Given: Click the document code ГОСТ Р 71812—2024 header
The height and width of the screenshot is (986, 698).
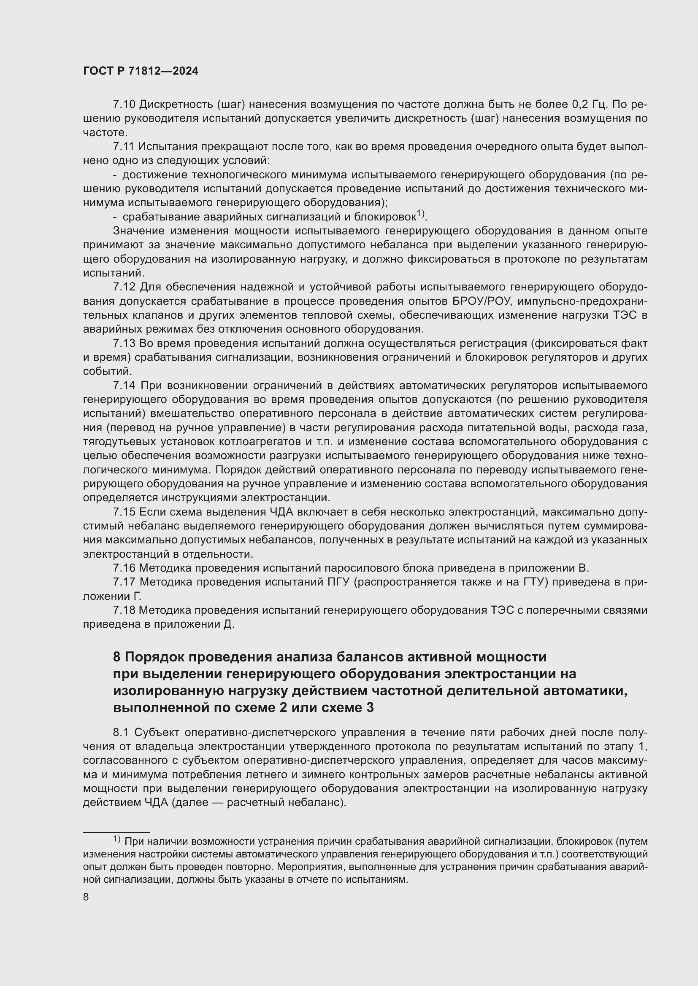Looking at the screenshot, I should tap(141, 71).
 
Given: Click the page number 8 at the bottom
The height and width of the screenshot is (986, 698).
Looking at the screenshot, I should tap(86, 897).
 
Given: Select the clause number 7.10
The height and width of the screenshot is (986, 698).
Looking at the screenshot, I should tap(124, 105).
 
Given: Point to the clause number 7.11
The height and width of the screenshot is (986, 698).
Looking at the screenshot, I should tap(124, 147).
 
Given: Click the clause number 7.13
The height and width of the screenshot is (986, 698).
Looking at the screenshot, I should tap(124, 344).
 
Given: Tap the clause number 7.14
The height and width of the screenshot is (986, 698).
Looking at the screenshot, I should tap(124, 386).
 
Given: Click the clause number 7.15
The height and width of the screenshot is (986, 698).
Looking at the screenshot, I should tap(124, 512).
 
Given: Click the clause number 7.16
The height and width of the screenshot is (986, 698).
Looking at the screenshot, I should tap(124, 568).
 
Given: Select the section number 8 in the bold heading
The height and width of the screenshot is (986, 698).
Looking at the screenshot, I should tap(117, 657).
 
